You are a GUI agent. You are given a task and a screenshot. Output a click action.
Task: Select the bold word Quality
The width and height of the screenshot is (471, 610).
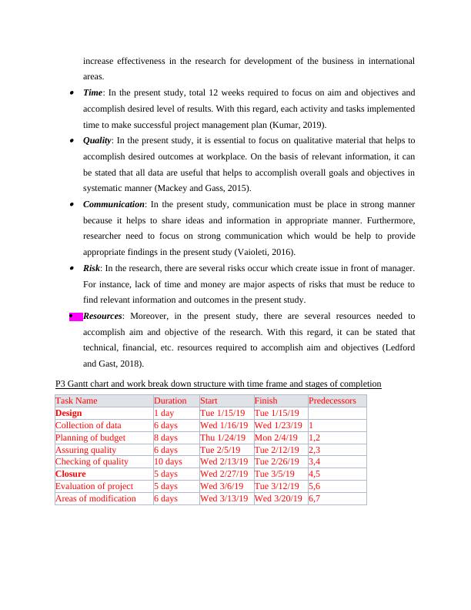point(98,140)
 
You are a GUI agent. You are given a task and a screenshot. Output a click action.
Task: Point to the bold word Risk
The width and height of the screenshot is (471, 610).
point(92,268)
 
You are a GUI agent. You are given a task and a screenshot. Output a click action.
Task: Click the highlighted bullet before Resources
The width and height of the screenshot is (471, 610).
point(75,316)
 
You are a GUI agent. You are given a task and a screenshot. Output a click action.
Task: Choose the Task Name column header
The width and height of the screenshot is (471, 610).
point(76,401)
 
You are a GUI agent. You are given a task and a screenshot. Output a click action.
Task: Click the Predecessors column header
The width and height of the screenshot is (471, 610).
point(332,401)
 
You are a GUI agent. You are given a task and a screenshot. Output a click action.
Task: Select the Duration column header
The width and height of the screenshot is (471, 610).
point(170,401)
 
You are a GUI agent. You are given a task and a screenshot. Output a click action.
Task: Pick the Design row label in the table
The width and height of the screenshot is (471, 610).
point(68,413)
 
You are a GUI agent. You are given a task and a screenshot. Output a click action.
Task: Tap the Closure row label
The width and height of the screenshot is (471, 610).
point(71,474)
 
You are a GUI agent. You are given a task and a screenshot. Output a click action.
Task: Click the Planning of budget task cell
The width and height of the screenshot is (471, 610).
point(90,437)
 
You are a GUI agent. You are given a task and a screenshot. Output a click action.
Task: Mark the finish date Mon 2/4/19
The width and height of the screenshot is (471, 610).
point(276,437)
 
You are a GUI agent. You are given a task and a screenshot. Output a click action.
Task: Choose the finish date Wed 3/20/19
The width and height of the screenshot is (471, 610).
point(279,498)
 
